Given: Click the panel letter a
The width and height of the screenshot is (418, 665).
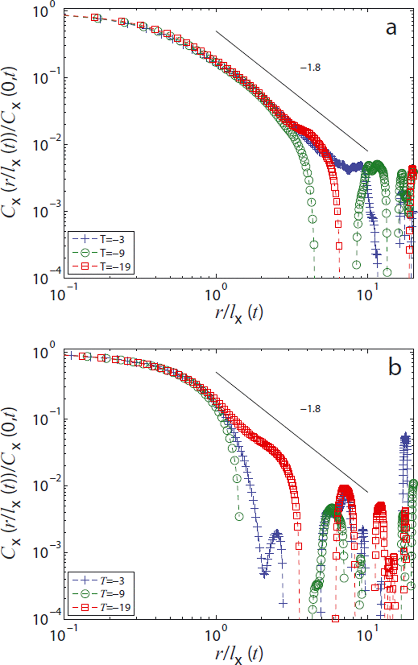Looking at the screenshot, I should click(x=391, y=29).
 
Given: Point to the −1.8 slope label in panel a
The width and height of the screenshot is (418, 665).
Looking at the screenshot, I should click(x=310, y=67).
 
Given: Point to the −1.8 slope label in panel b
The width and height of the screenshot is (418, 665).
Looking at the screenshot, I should click(x=310, y=409).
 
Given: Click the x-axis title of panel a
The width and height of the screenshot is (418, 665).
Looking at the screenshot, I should click(x=239, y=314).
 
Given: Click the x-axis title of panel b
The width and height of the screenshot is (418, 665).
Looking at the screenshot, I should click(x=239, y=654).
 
